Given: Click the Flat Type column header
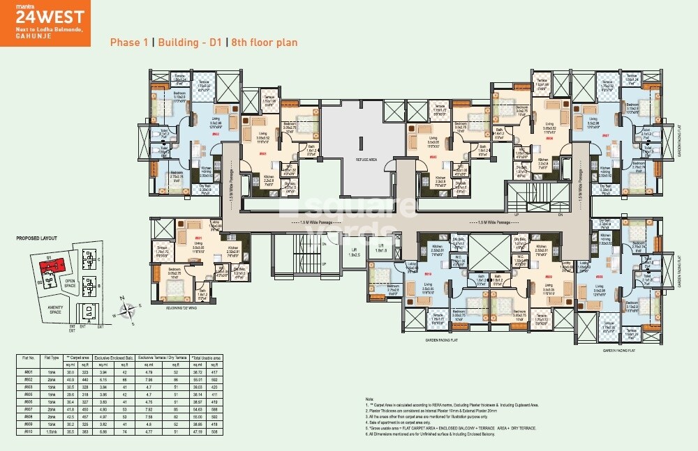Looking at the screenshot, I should coord(52,357).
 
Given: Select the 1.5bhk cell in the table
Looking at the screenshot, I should coord(52,431).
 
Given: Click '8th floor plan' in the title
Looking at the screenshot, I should coord(265,43).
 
